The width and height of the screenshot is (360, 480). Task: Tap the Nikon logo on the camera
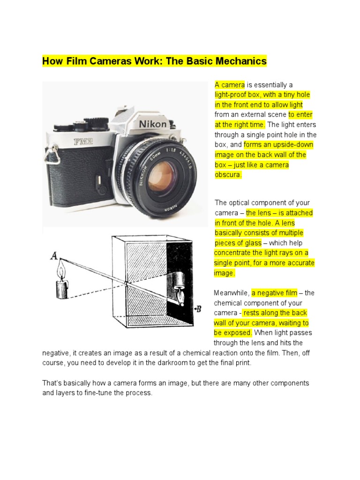(x=153, y=124)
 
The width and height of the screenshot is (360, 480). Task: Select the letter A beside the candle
(x=54, y=255)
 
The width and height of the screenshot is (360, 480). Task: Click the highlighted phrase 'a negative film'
(x=274, y=293)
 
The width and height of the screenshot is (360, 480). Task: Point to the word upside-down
(x=294, y=145)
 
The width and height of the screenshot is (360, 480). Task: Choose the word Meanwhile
(x=232, y=293)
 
